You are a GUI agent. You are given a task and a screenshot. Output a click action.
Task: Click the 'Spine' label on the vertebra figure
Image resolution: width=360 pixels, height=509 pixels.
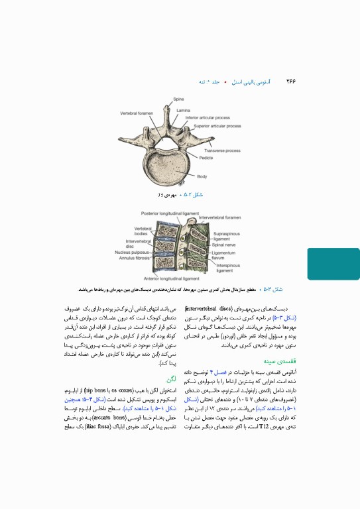click(178, 99)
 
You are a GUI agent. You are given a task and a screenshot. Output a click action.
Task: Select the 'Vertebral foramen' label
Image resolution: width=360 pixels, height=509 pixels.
click(137, 113)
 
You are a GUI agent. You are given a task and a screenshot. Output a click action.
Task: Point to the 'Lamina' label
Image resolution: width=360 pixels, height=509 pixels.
click(184, 110)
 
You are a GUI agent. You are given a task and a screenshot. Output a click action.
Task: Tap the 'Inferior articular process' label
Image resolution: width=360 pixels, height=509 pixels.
click(208, 118)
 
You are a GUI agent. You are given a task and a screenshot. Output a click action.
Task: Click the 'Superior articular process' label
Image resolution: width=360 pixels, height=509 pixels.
click(217, 126)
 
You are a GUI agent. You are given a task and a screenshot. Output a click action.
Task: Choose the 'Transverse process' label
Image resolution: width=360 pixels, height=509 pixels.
click(222, 150)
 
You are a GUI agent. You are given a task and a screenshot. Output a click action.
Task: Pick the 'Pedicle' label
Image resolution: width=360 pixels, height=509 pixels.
click(206, 158)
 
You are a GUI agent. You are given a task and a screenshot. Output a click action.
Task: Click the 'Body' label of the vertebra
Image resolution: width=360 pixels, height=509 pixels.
click(202, 176)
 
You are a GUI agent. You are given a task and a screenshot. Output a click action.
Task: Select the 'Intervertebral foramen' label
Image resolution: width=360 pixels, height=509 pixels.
click(221, 217)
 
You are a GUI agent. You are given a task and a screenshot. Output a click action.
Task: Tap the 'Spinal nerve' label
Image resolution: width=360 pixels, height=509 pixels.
click(225, 245)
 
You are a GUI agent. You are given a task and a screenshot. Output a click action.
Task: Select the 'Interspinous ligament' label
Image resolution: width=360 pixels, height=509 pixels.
click(227, 268)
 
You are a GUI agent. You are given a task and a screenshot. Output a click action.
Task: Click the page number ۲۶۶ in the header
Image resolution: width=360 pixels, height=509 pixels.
click(290, 82)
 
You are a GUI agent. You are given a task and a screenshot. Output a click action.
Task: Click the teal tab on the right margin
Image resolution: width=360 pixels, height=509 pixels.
click(333, 264)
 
